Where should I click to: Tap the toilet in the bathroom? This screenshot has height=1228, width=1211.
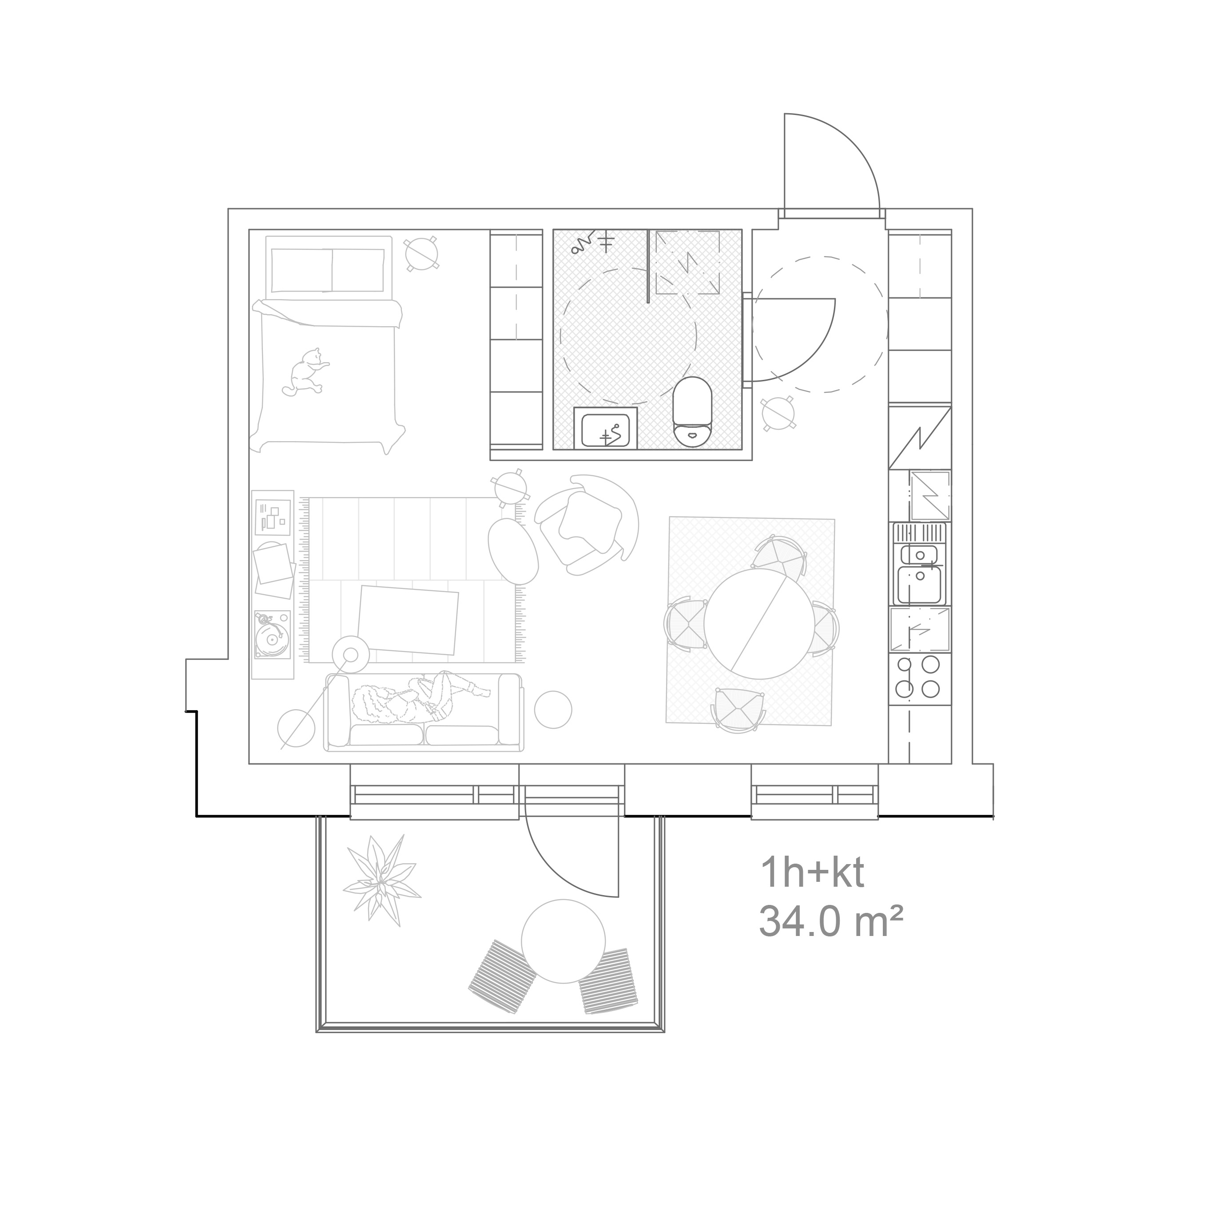click(693, 411)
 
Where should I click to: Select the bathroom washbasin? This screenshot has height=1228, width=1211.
click(606, 428)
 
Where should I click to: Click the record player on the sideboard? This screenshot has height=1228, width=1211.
click(272, 634)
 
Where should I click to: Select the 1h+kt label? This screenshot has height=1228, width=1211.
click(813, 874)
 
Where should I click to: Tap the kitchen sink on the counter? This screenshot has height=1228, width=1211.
click(919, 564)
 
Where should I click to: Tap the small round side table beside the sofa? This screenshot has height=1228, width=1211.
click(553, 709)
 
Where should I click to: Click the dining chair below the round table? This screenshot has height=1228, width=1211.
click(738, 709)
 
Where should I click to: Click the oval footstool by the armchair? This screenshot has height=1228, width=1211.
click(513, 550)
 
